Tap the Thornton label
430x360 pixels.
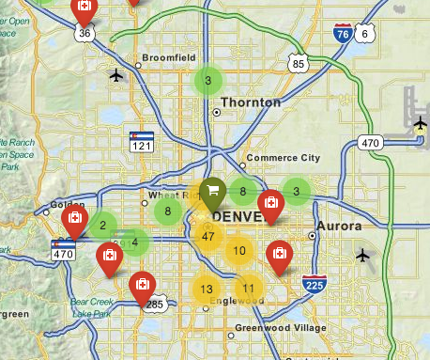(250, 102)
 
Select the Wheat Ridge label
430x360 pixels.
(169, 196)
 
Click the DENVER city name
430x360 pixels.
(240, 216)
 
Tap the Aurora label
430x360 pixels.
(338, 227)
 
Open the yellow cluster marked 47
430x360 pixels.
(208, 235)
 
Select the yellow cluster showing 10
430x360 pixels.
(240, 251)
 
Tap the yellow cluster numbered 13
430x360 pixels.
(207, 289)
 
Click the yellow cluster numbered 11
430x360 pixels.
(248, 289)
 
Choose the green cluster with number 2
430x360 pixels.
(101, 225)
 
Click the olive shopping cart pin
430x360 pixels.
(213, 193)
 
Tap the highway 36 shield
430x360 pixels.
(84, 33)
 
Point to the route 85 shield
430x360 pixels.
(298, 64)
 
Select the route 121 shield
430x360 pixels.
(141, 143)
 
